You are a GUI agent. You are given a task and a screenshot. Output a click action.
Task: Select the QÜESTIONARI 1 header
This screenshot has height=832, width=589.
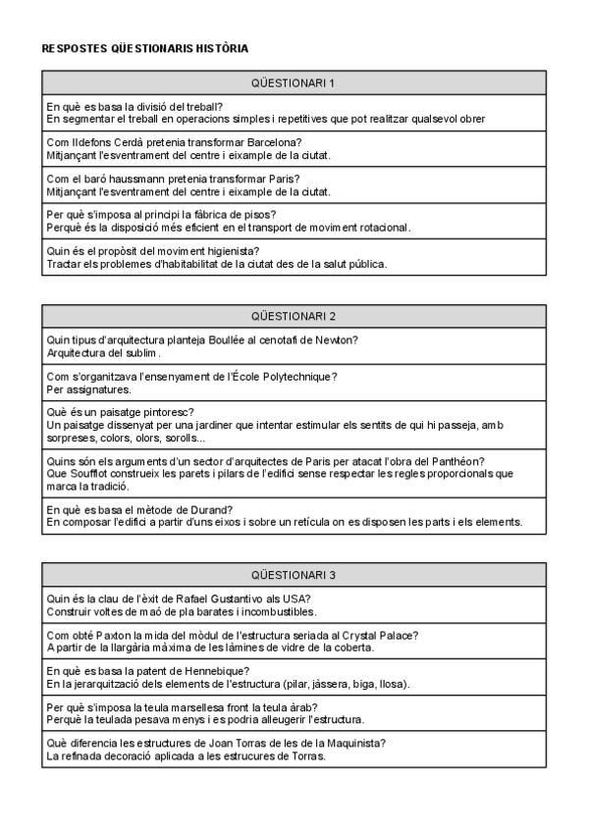[x=294, y=82]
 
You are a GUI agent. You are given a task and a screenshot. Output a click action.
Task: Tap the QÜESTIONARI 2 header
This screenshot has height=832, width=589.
[x=294, y=316]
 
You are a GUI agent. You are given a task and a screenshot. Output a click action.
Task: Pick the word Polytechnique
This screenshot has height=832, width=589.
[x=295, y=377]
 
